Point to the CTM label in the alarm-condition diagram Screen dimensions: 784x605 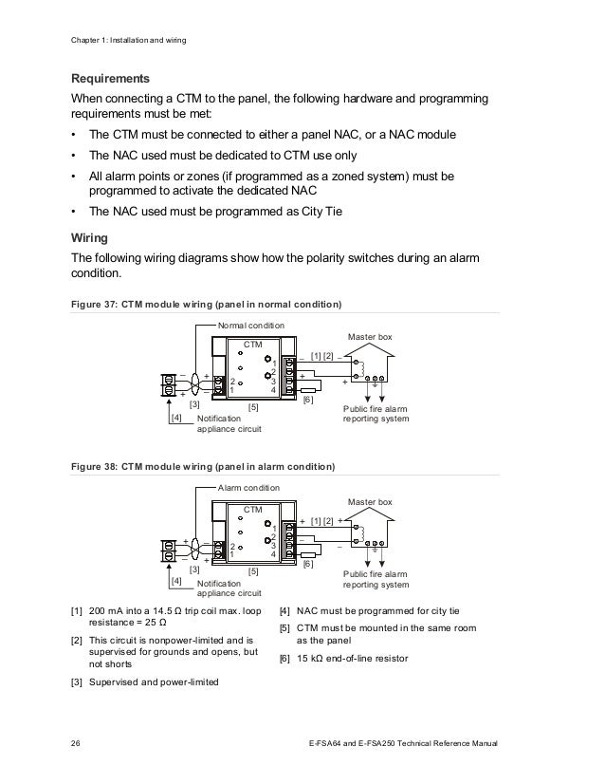point(252,509)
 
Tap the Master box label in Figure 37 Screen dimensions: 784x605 point(370,337)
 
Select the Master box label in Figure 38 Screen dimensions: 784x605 point(370,501)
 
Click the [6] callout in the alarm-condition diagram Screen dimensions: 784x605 point(307,565)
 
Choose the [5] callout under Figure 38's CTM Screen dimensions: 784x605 point(253,570)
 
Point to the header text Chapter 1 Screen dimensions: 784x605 point(91,42)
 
